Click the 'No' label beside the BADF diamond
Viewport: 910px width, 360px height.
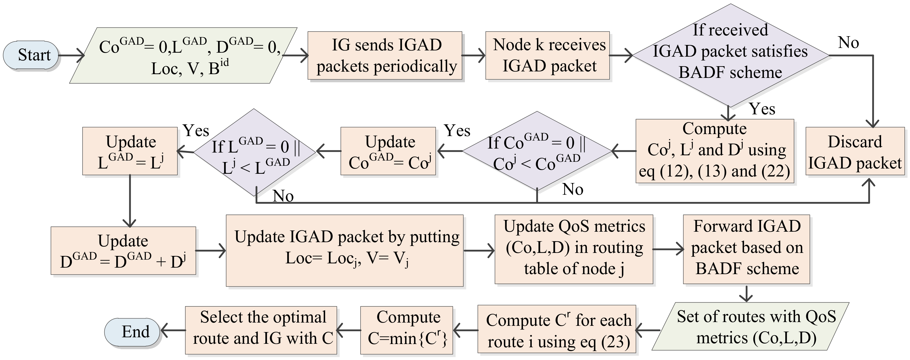tap(848, 43)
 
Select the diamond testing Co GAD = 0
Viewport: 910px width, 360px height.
tap(537, 151)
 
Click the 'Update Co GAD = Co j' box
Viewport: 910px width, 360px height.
tap(388, 151)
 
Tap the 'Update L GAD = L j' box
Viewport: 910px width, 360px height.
tap(130, 151)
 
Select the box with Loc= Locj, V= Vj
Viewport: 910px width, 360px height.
tap(344, 250)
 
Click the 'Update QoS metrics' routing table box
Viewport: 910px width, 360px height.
tap(573, 249)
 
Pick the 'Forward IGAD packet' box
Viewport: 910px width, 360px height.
tap(746, 249)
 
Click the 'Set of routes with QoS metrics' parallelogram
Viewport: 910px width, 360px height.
tap(751, 327)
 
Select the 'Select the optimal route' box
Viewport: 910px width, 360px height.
tap(261, 330)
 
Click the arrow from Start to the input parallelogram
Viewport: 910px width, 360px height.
tap(71, 55)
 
